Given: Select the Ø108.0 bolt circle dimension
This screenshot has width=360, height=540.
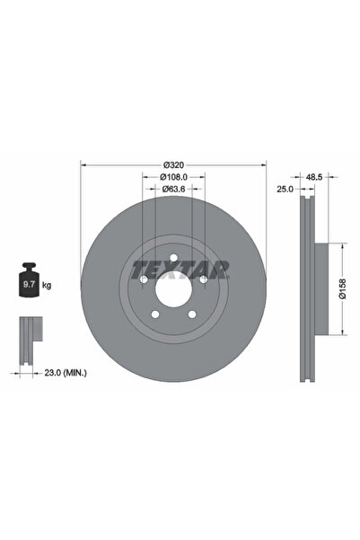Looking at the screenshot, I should pos(174,177).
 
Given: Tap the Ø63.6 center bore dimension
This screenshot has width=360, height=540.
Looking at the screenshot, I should pos(174,190).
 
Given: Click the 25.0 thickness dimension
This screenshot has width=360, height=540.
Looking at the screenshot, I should pos(286,190).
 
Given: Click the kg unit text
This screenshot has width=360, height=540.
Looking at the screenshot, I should pos(47,285).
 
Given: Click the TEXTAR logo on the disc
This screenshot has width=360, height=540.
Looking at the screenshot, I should pos(180,268).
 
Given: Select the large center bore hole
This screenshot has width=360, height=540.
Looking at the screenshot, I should pos(174,290).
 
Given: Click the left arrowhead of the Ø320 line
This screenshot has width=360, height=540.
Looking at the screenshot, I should pos(83,164).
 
